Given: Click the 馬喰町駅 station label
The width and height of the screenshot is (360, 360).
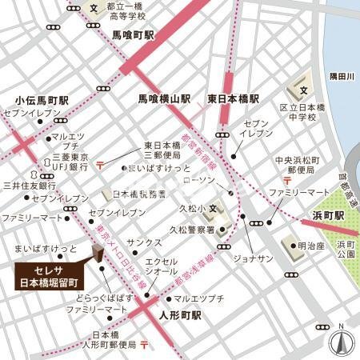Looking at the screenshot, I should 133,36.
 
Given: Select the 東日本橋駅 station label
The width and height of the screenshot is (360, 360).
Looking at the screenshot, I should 233,100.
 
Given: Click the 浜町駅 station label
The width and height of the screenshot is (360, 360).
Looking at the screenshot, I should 327,216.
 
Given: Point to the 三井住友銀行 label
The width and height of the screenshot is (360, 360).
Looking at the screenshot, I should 26,185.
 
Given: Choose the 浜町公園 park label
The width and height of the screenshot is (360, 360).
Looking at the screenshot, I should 344,252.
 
